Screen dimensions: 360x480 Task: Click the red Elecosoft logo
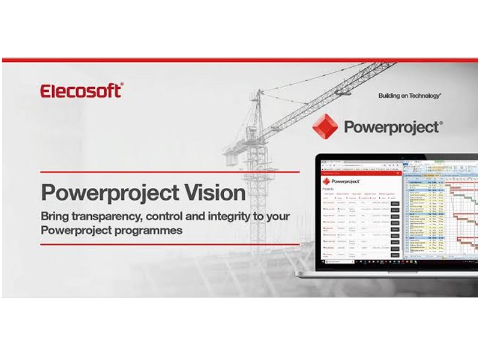(82, 91)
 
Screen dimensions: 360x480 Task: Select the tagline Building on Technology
(410, 95)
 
